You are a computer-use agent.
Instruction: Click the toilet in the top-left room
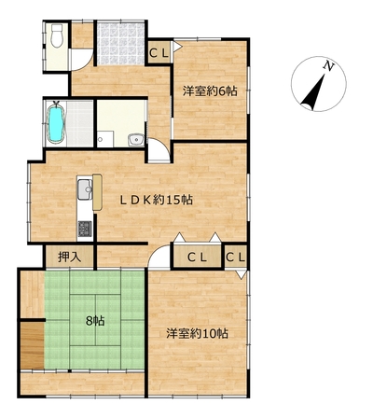tap(57, 35)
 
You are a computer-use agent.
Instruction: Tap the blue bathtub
tap(56, 124)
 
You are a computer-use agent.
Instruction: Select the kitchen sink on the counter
tap(85, 189)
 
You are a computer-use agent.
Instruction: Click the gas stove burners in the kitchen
tap(85, 229)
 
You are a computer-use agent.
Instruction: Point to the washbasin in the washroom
tap(136, 140)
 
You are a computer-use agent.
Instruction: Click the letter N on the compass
tap(328, 66)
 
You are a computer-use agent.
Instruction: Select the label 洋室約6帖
tap(210, 91)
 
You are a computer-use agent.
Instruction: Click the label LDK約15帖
tap(157, 200)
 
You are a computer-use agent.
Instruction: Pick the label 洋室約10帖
tap(197, 334)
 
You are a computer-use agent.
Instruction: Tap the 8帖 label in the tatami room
tap(95, 321)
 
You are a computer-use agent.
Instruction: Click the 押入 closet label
tap(70, 258)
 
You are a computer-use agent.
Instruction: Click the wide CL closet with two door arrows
tap(197, 257)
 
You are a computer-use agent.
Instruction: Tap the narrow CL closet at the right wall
tap(236, 257)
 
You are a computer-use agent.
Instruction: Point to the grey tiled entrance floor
tap(120, 44)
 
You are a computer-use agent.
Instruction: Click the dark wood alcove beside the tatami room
tap(33, 345)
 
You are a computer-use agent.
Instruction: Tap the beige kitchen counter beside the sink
tap(97, 193)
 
